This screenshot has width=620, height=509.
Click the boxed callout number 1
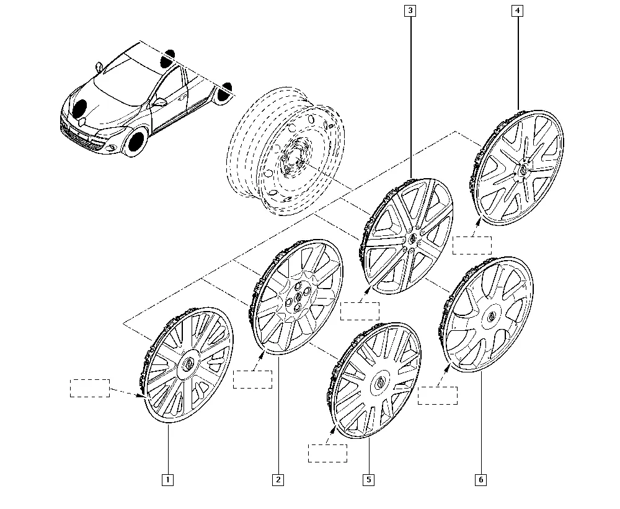pyautogui.click(x=167, y=480)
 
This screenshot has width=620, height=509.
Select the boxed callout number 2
pyautogui.click(x=278, y=480)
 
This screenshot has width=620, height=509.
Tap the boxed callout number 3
pyautogui.click(x=410, y=11)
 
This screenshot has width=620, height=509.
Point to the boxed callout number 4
pyautogui.click(x=518, y=11)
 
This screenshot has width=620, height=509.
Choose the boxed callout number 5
pyautogui.click(x=368, y=480)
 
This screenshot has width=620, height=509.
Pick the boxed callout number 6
pyautogui.click(x=481, y=480)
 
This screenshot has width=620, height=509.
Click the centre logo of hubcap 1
pyautogui.click(x=188, y=364)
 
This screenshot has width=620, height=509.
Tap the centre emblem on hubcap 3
pyautogui.click(x=412, y=238)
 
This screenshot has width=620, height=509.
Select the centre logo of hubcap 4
pyautogui.click(x=523, y=169)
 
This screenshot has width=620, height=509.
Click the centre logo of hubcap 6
pyautogui.click(x=492, y=316)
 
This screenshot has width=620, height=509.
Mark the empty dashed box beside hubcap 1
pyautogui.click(x=90, y=388)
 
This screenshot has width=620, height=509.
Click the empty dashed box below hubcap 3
pyautogui.click(x=360, y=311)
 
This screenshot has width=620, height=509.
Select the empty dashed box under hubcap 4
pyautogui.click(x=472, y=245)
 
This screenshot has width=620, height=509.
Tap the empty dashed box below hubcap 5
pyautogui.click(x=328, y=453)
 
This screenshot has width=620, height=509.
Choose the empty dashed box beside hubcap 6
pyautogui.click(x=438, y=395)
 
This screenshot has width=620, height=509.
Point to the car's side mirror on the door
pyautogui.click(x=160, y=102)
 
